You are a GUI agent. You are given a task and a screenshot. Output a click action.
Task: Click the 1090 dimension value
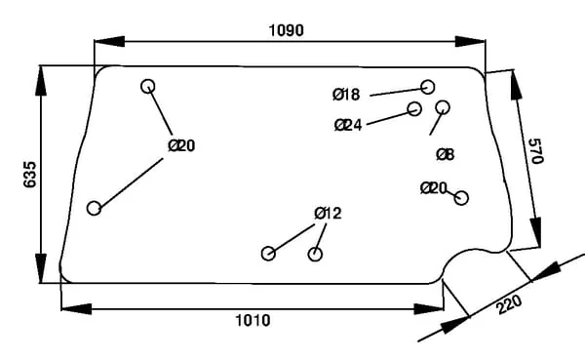click(286, 30)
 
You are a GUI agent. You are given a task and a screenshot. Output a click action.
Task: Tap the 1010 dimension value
click(253, 320)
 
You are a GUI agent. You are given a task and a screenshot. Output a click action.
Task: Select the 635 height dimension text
click(30, 175)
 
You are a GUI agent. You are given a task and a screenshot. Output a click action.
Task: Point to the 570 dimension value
click(536, 151)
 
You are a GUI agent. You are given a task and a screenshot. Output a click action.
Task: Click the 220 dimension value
click(509, 304)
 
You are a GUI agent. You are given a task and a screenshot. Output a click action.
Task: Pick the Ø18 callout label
click(346, 95)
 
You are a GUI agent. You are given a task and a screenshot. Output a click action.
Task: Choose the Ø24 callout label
click(348, 125)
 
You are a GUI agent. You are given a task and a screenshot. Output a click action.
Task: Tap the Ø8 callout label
click(446, 154)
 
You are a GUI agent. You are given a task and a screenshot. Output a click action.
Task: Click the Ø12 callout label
click(328, 214)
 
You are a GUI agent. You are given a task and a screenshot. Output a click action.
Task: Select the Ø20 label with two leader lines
click(181, 145)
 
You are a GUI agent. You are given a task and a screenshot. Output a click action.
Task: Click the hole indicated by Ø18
click(428, 87)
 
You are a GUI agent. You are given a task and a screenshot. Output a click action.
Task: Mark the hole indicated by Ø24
click(414, 108)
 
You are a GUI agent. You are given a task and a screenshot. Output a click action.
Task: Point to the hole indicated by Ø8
click(443, 107)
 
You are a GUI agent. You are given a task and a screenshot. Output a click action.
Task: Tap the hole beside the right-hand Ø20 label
click(461, 198)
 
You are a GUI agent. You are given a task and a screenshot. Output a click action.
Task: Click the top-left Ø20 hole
click(148, 86)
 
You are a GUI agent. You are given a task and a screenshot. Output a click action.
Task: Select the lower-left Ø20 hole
click(94, 208)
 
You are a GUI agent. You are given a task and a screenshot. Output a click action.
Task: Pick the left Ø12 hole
click(268, 254)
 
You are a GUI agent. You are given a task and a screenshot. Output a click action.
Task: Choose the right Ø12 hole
click(315, 255)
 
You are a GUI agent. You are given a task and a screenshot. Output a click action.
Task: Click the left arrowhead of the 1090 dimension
click(109, 41)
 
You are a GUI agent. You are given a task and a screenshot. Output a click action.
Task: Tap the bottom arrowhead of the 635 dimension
click(41, 268)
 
